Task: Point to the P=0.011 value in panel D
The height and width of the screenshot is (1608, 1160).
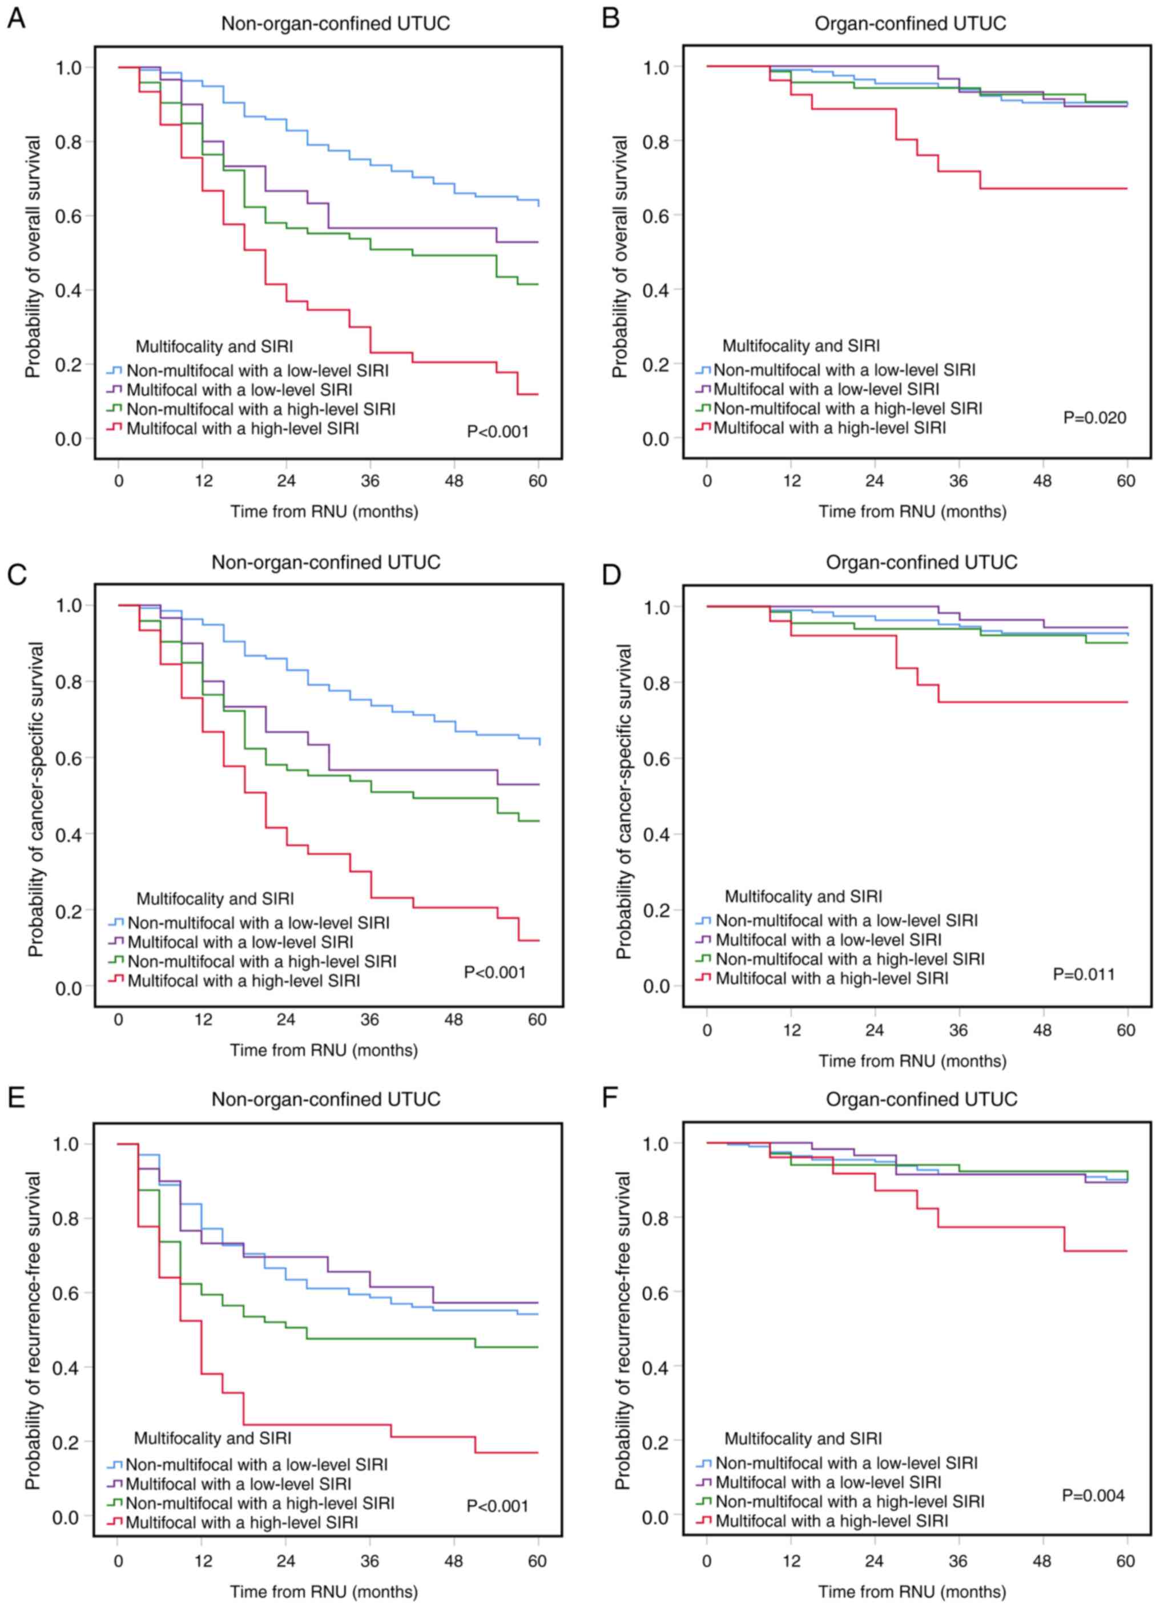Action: [x=1084, y=975]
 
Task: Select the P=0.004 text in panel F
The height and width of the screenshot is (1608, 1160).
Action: [x=1093, y=1496]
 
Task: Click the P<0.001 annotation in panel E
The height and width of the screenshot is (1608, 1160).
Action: [x=497, y=1506]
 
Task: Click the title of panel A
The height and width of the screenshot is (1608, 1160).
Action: [x=335, y=23]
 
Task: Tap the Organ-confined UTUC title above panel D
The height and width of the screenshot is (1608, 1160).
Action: [x=921, y=562]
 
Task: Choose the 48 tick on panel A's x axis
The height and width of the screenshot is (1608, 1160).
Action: [x=454, y=481]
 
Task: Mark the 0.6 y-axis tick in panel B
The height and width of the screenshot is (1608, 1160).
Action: [x=656, y=216]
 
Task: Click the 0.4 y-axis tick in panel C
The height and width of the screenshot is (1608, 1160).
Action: [x=69, y=835]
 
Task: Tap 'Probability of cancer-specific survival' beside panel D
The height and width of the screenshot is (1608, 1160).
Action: [x=623, y=801]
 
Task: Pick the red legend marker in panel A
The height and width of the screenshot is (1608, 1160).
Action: [x=114, y=428]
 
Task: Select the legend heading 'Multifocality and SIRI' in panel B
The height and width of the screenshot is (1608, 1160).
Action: [x=800, y=346]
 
